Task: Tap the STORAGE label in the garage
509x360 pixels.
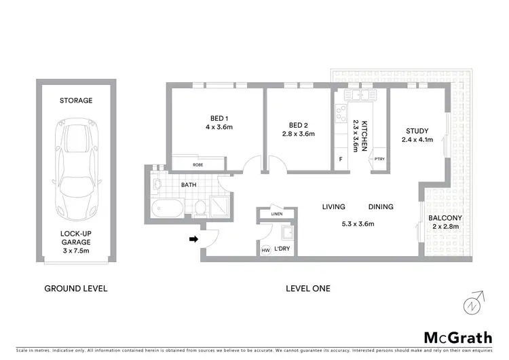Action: pyautogui.click(x=76, y=101)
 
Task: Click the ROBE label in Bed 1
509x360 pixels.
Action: pyautogui.click(x=197, y=164)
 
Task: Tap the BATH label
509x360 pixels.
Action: pyautogui.click(x=189, y=184)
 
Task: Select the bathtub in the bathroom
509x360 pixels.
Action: pyautogui.click(x=166, y=208)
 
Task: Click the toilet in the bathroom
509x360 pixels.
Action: pyautogui.click(x=200, y=207)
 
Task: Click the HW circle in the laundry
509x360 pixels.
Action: pyautogui.click(x=265, y=251)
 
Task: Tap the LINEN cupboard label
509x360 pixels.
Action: pyautogui.click(x=276, y=214)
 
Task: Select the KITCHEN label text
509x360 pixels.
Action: pyautogui.click(x=364, y=135)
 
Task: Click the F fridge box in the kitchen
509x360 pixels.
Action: pyautogui.click(x=341, y=160)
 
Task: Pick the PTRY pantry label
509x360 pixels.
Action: pyautogui.click(x=379, y=160)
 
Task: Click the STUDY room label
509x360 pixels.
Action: pyautogui.click(x=417, y=131)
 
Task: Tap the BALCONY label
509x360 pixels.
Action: pyautogui.click(x=445, y=218)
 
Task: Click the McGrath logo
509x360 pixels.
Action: pyautogui.click(x=458, y=338)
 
